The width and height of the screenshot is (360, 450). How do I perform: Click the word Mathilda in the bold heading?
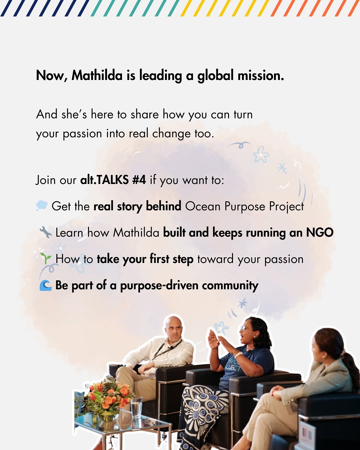click(x=97, y=75)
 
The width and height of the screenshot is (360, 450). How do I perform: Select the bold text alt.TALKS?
click(x=104, y=180)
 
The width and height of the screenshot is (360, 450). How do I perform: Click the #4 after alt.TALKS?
click(x=139, y=180)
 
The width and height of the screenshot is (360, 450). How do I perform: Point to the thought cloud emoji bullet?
click(x=42, y=205)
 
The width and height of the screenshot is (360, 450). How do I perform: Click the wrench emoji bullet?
click(x=45, y=232)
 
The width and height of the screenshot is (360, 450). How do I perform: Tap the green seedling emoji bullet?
click(x=45, y=258)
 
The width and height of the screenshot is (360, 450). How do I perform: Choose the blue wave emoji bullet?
click(x=45, y=286)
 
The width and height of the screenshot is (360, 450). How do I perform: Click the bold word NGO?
click(x=320, y=232)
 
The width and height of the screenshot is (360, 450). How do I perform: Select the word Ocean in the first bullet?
click(x=203, y=206)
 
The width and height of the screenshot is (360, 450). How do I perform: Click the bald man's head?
click(x=173, y=329)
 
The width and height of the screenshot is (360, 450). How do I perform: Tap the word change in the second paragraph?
click(x=171, y=134)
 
